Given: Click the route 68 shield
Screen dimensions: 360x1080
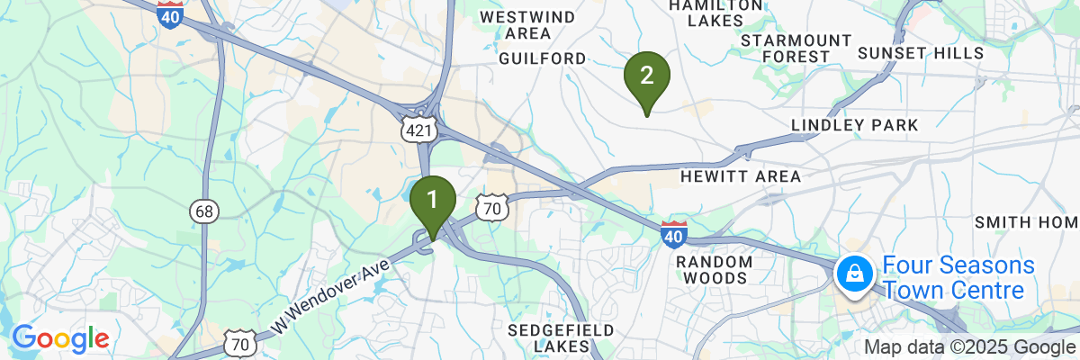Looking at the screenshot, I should (203, 211).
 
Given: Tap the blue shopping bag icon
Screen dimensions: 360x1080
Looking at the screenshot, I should (852, 273).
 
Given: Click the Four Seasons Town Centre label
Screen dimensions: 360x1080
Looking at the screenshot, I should (958, 278).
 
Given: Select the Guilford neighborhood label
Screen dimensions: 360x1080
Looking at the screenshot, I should (542, 58).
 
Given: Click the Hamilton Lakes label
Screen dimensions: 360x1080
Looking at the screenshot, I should (715, 13).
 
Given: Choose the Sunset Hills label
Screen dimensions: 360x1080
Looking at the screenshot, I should (921, 54).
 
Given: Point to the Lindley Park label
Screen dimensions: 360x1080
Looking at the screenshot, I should (854, 125).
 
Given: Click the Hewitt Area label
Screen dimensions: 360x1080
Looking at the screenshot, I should (741, 176).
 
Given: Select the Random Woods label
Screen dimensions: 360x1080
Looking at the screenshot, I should (714, 269).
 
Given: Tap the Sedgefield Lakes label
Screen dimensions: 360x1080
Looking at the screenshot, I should (561, 338).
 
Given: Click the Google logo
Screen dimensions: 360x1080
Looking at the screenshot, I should (60, 339).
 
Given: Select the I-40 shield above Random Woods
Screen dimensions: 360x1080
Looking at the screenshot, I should (673, 234).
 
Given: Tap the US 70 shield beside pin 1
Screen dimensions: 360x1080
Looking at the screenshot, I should (491, 208).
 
